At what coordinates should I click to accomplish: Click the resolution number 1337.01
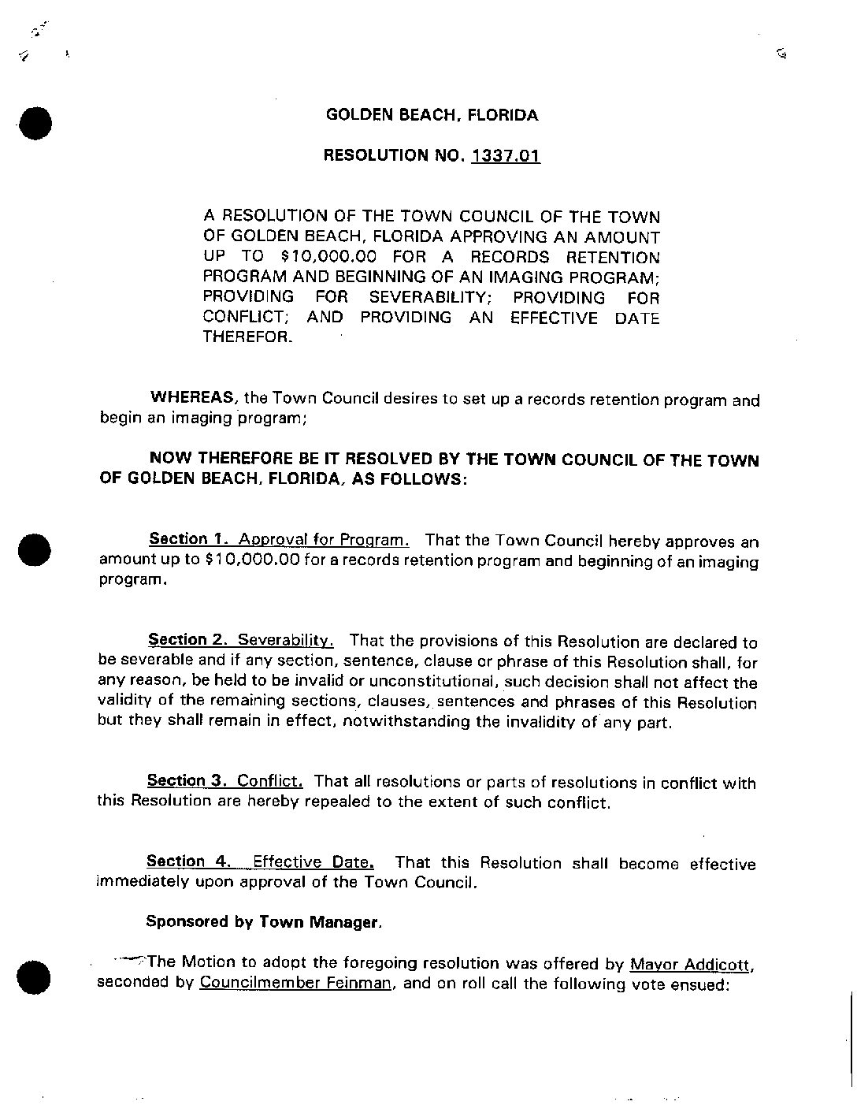coord(505,155)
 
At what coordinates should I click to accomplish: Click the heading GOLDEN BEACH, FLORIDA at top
coord(432,115)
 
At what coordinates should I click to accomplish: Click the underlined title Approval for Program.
coord(324,541)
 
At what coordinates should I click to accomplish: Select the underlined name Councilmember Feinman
coord(296,984)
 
